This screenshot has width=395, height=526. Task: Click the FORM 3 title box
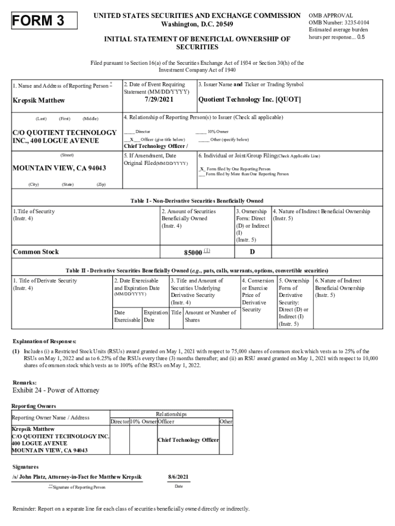point(44,21)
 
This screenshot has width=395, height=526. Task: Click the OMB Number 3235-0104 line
point(339,23)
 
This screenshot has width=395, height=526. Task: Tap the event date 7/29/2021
point(157,99)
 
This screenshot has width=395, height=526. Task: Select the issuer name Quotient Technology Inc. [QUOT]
point(249,99)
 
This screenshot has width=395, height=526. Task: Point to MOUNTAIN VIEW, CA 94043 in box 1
point(59,168)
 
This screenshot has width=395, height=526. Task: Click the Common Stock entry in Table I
point(36,252)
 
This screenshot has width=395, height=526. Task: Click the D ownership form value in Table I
point(252,252)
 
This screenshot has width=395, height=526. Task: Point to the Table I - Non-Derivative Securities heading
point(197,201)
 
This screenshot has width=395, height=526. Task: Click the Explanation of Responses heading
point(45,341)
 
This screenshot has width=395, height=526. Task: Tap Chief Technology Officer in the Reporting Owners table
point(188,440)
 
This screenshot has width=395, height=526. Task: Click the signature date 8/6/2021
point(179,477)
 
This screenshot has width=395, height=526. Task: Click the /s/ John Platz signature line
point(77,477)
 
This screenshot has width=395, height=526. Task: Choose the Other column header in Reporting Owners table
point(226,422)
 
